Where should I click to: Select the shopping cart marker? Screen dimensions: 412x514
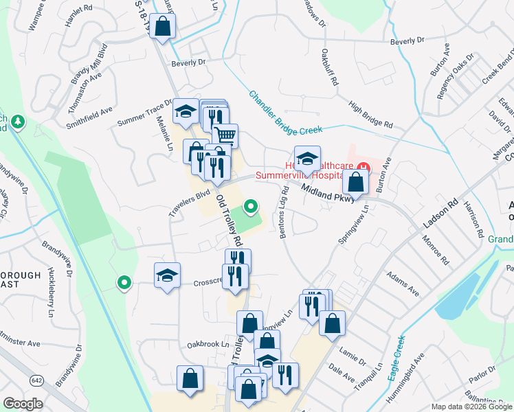click(x=225, y=135)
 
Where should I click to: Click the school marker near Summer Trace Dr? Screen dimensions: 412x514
click(x=184, y=113)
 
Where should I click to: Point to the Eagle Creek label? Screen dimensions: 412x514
click(x=389, y=363)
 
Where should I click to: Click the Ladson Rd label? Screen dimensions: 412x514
click(x=440, y=215)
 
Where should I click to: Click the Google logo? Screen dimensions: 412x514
click(x=23, y=404)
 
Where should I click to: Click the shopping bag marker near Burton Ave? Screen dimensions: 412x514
click(x=355, y=183)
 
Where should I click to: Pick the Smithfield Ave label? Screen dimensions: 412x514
click(x=89, y=118)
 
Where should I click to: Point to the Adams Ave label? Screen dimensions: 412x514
click(x=402, y=283)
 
